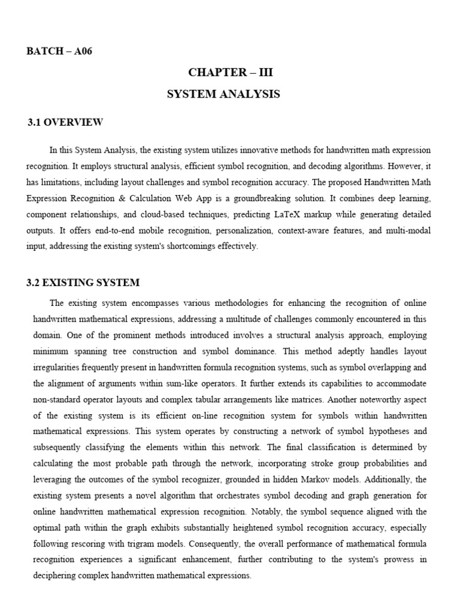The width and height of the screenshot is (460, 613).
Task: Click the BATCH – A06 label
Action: pyautogui.click(x=59, y=51)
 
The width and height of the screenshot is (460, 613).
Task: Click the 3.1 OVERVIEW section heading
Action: pyautogui.click(x=65, y=122)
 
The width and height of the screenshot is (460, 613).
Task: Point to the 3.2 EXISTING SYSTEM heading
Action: pyautogui.click(x=83, y=283)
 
